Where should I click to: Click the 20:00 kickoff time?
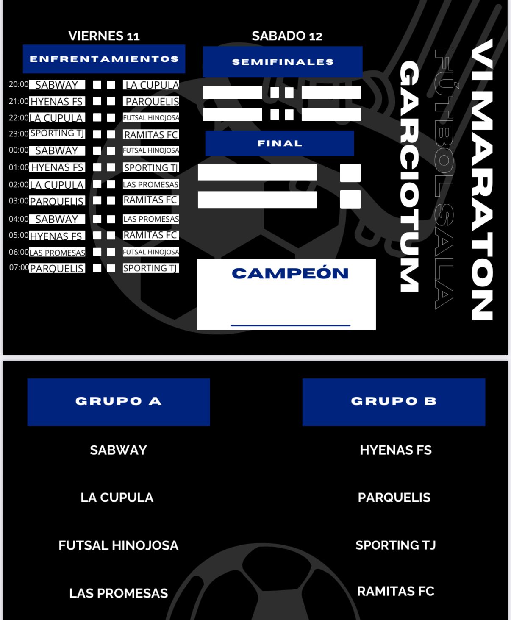pos(19,84)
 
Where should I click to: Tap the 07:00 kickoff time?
pos(19,267)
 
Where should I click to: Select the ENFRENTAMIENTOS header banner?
pos(104,59)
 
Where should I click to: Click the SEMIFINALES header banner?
pos(283,62)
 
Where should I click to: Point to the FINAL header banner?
pos(280,143)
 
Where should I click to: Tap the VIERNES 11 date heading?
pos(104,36)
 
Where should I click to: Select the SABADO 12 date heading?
pos(287,36)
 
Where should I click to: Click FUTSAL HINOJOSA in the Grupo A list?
pos(119,545)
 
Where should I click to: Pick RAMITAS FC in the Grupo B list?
pos(396,591)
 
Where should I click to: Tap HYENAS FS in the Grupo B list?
pos(396,450)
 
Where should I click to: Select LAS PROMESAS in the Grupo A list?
pos(119,593)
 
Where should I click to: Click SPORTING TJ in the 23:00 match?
pos(57,133)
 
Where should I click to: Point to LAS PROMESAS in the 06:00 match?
pos(57,253)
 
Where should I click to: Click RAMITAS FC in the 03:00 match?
pos(151,200)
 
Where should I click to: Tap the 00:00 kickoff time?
pos(19,150)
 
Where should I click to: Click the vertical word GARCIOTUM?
pos(409,176)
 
